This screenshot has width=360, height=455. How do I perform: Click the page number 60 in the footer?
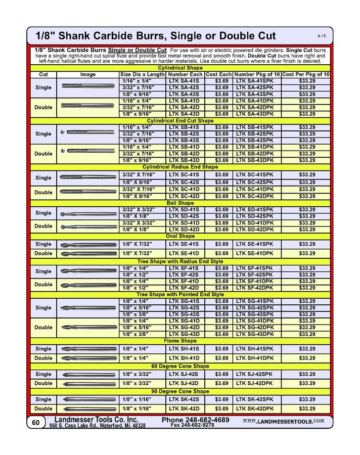[35, 423]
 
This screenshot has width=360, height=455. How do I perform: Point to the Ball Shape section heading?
[181, 203]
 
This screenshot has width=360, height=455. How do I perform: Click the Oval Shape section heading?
[181, 236]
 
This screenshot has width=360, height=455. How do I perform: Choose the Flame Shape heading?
[181, 341]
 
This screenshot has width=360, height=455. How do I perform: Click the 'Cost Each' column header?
[218, 74]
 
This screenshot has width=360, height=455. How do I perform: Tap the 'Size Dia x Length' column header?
[142, 74]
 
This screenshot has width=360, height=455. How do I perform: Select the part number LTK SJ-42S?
[185, 374]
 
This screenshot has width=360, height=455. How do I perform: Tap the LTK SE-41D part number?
[185, 253]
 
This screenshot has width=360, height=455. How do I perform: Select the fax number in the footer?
[192, 426]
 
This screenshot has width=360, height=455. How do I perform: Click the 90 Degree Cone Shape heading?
[181, 391]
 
